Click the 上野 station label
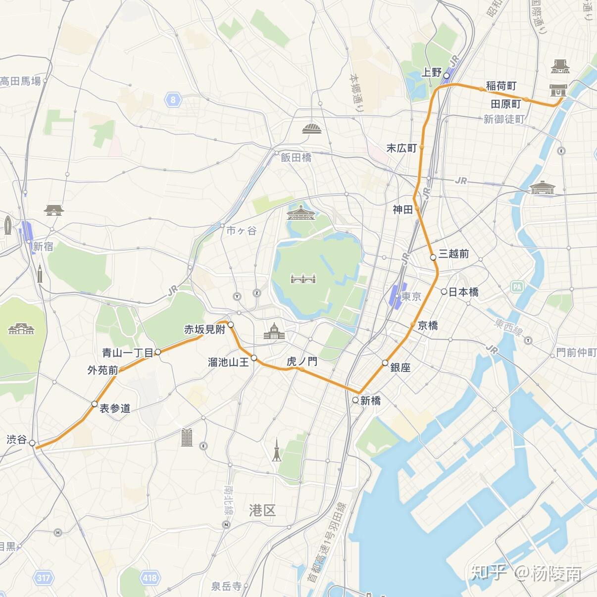[x=431, y=72]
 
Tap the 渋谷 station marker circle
[x=33, y=443]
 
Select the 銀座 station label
[x=400, y=367]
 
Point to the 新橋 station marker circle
[x=355, y=400]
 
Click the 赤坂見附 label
[x=204, y=329]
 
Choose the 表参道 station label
[x=115, y=408]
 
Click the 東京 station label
[x=411, y=297]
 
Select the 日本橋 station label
[x=463, y=292]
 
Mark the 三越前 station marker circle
[x=433, y=257]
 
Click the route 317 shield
[x=43, y=578]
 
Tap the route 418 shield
[x=149, y=577]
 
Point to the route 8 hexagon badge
[x=173, y=99]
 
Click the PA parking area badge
[x=517, y=287]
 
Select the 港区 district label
[x=262, y=510]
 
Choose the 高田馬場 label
[x=20, y=81]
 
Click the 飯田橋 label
[x=296, y=157]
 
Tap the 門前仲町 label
[x=576, y=352]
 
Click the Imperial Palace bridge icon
[x=303, y=279]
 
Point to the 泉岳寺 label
[x=226, y=586]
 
